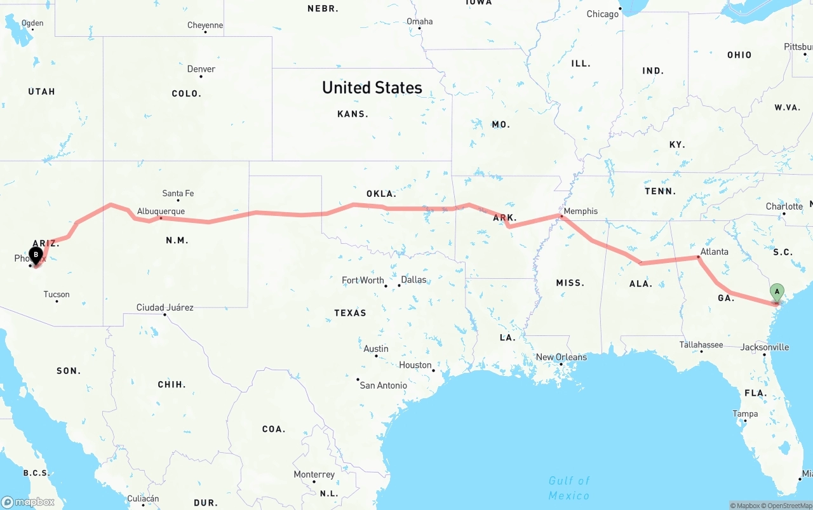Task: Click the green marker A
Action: click(777, 293)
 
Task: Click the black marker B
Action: click(36, 255)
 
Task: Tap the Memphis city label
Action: click(581, 211)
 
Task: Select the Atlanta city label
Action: click(715, 252)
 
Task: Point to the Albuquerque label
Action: click(161, 211)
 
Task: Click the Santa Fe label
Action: click(178, 193)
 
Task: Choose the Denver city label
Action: click(201, 69)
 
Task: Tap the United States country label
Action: click(372, 88)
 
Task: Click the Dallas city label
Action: click(413, 279)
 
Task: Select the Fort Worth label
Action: click(363, 280)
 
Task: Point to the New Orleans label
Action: click(561, 357)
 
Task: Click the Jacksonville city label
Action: click(765, 347)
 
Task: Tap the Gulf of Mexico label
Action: click(568, 488)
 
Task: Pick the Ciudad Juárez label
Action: click(165, 307)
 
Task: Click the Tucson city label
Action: click(57, 294)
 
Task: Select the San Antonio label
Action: click(383, 385)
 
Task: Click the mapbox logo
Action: click(28, 502)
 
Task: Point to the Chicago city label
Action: click(602, 14)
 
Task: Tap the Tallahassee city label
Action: click(701, 345)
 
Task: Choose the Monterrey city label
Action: click(314, 474)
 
